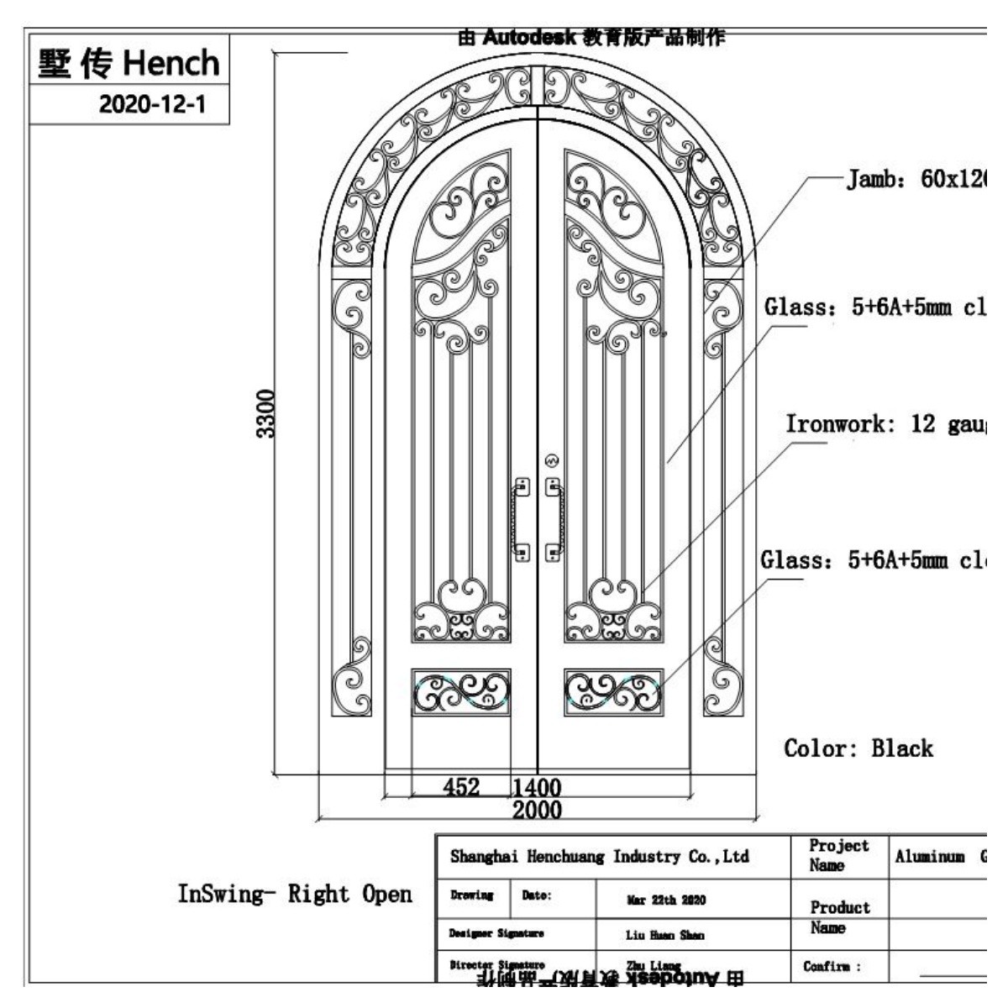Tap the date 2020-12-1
click(x=151, y=104)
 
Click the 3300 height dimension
click(x=265, y=413)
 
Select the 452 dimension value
click(x=461, y=786)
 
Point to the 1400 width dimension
click(x=537, y=787)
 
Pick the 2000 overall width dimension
click(x=537, y=810)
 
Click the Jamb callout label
click(x=915, y=180)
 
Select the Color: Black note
click(x=858, y=748)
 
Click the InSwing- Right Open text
click(x=294, y=894)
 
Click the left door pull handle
click(x=522, y=519)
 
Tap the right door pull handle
click(x=554, y=519)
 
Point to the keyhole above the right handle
click(x=552, y=460)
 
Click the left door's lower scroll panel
click(x=461, y=691)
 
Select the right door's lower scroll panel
click(x=613, y=691)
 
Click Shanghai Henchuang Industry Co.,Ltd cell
click(x=599, y=857)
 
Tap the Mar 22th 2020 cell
click(x=666, y=900)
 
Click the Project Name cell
click(x=838, y=855)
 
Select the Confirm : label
click(x=832, y=967)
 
